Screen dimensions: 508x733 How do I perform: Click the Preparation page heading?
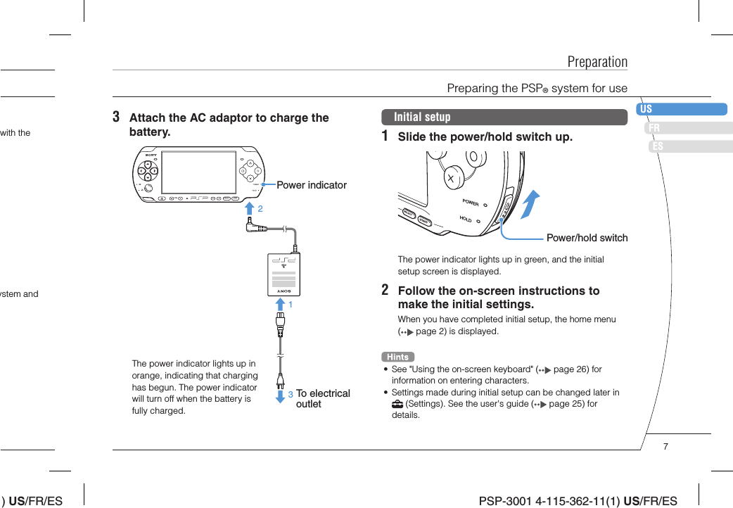coord(597,62)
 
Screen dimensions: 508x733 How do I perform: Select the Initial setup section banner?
coord(504,117)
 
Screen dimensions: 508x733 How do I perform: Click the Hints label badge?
coord(397,357)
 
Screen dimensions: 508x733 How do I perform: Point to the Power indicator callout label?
coord(312,185)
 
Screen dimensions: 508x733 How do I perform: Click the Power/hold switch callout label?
coord(587,238)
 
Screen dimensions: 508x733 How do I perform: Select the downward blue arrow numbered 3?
coord(279,395)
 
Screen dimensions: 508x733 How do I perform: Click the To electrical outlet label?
coord(322,398)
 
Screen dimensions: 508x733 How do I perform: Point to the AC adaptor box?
coord(284,275)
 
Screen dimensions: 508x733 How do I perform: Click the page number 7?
coord(665,446)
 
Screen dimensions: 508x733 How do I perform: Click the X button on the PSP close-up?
coord(450,179)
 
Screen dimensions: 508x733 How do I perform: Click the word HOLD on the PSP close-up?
coord(465,219)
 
